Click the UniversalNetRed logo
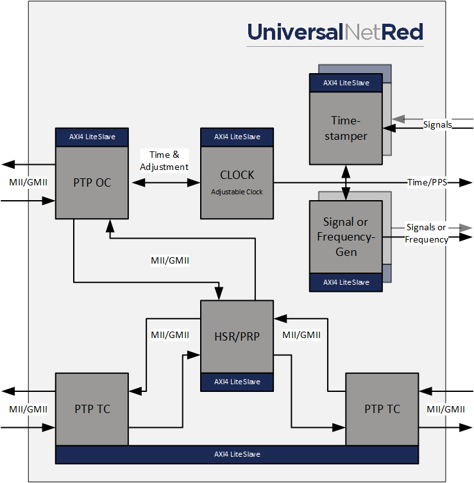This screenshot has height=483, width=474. [x=335, y=32]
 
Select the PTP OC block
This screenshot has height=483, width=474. [x=92, y=183]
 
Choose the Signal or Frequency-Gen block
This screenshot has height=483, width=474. [x=346, y=237]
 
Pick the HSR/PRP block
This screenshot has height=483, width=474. [x=237, y=335]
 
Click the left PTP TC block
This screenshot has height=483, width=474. [x=92, y=409]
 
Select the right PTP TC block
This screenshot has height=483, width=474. [x=382, y=409]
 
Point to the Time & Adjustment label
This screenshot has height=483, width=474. [x=165, y=160]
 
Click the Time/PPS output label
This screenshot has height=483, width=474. [x=427, y=183]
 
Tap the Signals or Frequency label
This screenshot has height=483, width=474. [x=427, y=233]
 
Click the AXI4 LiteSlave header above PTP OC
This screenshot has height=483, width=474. [x=92, y=137]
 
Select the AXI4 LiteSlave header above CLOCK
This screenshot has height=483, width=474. [x=237, y=137]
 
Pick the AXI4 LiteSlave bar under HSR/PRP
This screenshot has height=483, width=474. [x=237, y=382]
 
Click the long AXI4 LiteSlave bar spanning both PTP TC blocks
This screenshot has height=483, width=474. [x=237, y=454]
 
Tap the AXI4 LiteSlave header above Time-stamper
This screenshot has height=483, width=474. [x=346, y=83]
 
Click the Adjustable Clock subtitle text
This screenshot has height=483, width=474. [x=237, y=192]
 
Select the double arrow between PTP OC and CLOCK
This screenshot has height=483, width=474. [x=165, y=183]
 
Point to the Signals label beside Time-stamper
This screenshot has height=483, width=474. [x=437, y=124]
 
